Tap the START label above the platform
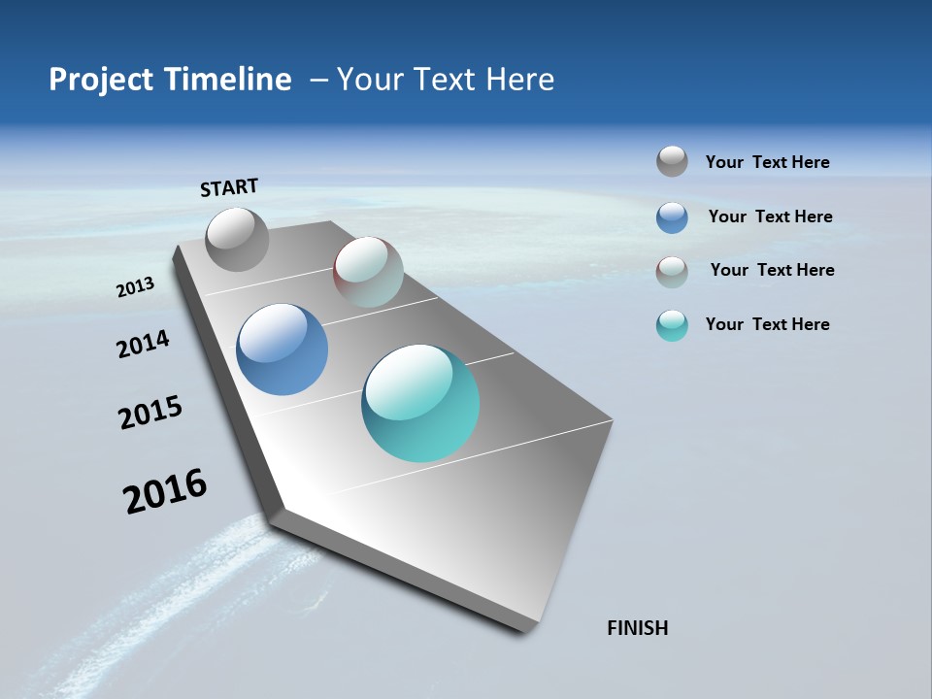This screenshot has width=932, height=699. [x=229, y=187]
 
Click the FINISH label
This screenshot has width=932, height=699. [x=637, y=628]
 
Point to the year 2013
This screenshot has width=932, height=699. [x=135, y=287]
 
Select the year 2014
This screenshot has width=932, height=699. [x=143, y=345]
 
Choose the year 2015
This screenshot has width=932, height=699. [x=150, y=413]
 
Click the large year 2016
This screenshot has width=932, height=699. [x=165, y=491]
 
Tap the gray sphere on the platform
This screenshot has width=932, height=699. [x=237, y=239]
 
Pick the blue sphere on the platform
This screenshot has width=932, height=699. [x=282, y=349]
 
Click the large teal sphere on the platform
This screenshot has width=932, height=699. [x=420, y=403]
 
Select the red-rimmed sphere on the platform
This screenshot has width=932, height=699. [x=368, y=272]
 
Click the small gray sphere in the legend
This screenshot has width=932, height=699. [x=672, y=162]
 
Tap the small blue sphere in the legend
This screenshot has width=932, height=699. [x=672, y=217]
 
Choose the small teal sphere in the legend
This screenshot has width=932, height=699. [x=672, y=325]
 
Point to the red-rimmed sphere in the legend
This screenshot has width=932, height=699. [x=672, y=272]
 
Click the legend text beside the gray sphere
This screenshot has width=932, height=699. [x=767, y=163]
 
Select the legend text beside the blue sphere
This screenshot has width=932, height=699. [x=770, y=216]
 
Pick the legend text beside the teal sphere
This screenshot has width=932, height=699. [x=767, y=324]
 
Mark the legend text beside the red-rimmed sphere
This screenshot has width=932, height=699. [x=772, y=270]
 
